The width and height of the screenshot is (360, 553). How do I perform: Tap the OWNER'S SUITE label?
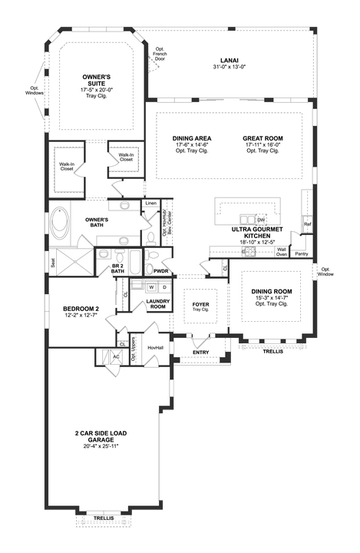pos(97,78)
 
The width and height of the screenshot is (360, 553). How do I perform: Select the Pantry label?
pos(301,253)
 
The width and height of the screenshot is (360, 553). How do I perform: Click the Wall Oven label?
pos(282,252)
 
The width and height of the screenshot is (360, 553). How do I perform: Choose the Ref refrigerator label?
pos(307,224)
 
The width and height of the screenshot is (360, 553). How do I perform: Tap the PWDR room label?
pos(160,271)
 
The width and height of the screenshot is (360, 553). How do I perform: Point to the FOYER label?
pos(200,305)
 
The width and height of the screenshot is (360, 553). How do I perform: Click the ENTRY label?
pos(200,353)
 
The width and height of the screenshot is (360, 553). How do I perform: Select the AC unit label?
pos(116,356)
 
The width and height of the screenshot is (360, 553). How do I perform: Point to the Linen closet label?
pos(151,204)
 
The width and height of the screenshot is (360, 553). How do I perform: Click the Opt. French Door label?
pos(160,53)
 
